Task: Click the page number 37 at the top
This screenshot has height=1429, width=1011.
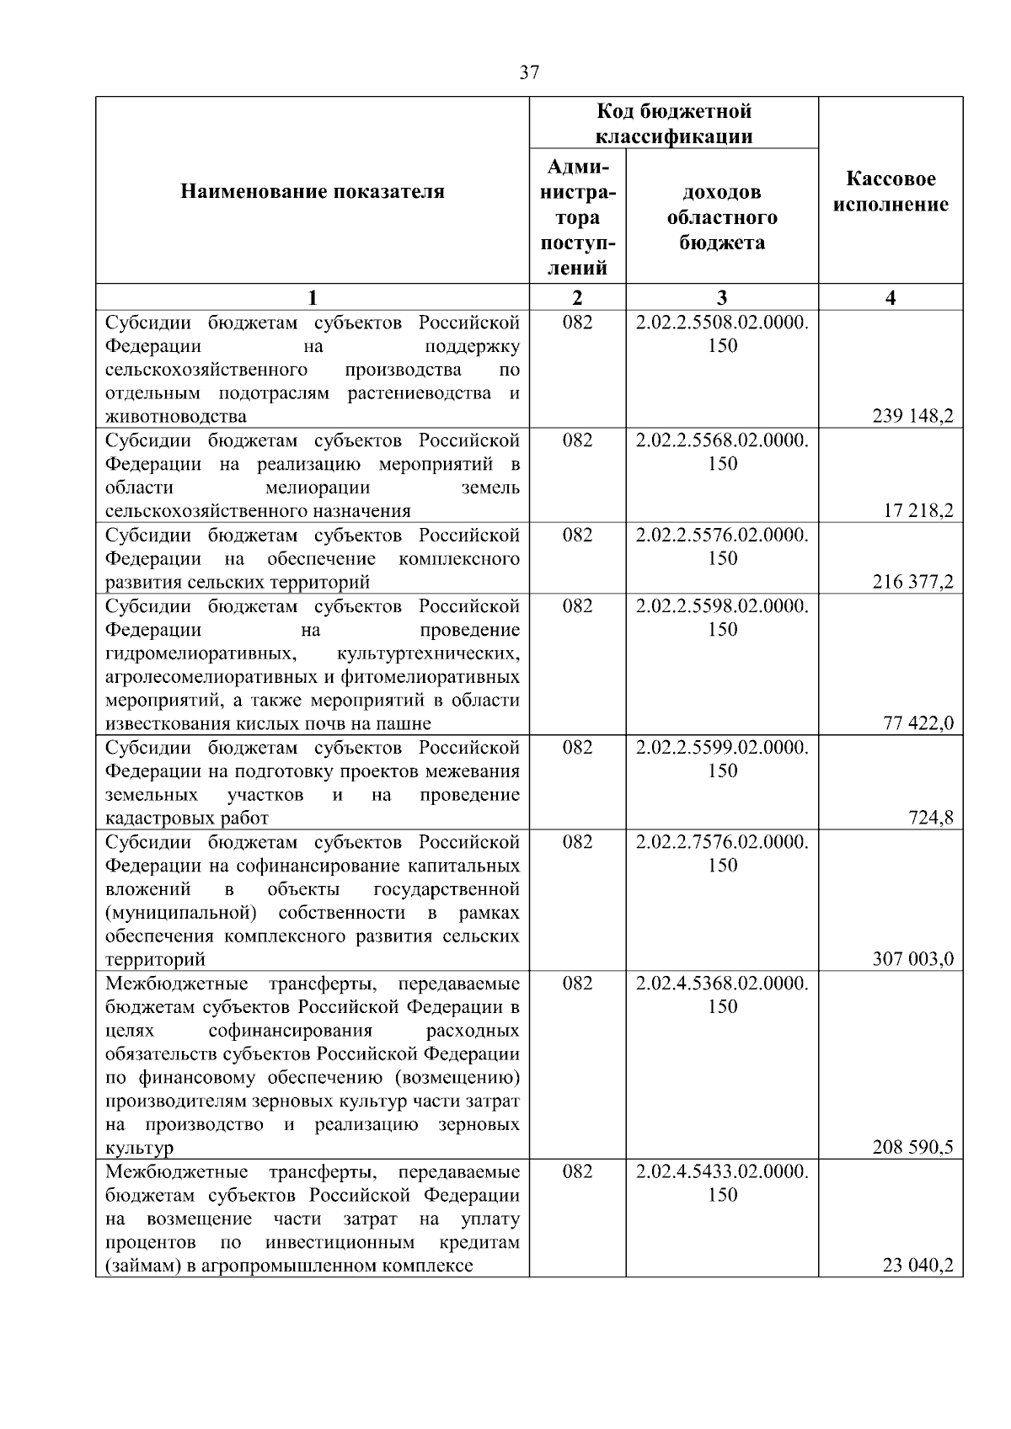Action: pos(528,72)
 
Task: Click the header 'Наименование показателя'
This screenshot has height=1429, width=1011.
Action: pos(312,192)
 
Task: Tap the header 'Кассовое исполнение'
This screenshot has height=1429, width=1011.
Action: pos(891,192)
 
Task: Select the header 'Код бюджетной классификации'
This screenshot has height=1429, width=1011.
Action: pos(673,124)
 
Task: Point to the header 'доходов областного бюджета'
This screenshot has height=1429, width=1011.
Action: pos(722,217)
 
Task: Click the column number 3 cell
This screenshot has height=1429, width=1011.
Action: pos(722,297)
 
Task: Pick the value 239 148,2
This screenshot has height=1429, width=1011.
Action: pos(912,416)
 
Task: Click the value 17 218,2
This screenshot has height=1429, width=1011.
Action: pos(918,510)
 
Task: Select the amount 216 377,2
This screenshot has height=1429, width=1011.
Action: pos(912,582)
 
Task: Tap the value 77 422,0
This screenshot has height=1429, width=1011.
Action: pos(918,723)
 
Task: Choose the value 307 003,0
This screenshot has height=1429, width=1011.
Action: pos(912,959)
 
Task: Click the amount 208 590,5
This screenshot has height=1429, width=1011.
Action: pos(912,1148)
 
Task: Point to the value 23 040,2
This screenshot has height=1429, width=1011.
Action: pos(918,1266)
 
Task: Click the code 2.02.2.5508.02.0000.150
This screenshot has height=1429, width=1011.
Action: pos(722,333)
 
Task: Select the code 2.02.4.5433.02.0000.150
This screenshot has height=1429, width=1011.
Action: pos(722,1183)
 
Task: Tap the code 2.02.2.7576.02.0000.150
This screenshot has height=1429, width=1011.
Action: pos(722,853)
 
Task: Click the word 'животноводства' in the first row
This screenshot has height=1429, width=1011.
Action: pos(176,417)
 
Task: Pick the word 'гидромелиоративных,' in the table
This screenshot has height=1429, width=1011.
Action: pos(201,653)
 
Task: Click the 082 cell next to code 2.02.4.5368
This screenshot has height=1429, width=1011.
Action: pos(577,984)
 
